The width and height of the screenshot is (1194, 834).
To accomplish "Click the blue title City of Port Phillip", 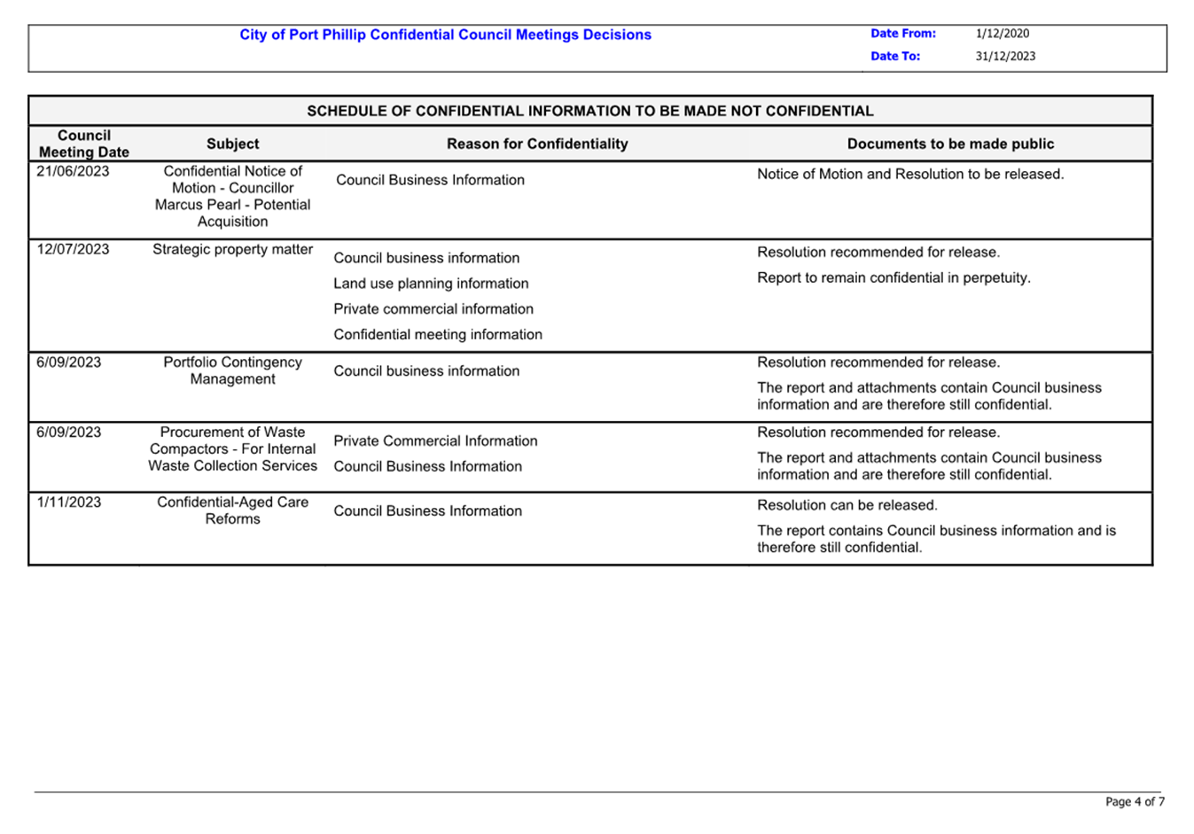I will click(x=445, y=35).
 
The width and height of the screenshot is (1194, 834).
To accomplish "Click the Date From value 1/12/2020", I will click(x=1002, y=34).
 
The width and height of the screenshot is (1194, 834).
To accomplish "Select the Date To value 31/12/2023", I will click(x=1005, y=56).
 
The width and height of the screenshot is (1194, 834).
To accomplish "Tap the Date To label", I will click(x=894, y=56).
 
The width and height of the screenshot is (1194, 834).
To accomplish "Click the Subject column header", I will click(x=232, y=144).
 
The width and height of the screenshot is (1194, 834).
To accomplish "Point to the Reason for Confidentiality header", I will click(x=536, y=144).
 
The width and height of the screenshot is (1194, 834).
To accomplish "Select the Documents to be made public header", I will click(x=950, y=144).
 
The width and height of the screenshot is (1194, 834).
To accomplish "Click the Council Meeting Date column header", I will click(x=84, y=144).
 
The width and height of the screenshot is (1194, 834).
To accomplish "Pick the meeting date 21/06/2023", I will click(x=73, y=171).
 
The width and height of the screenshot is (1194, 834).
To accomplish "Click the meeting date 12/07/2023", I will click(x=73, y=249).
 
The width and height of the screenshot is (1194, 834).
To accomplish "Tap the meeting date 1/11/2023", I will click(x=69, y=502).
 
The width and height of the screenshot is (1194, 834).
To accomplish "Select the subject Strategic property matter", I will click(x=232, y=249).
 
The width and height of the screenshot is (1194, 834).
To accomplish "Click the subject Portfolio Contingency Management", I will click(x=232, y=370).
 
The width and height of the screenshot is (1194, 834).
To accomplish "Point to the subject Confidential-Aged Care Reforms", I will click(x=232, y=510).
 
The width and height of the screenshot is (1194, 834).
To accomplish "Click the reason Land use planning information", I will click(x=431, y=284).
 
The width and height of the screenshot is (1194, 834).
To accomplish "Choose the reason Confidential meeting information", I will click(x=437, y=334).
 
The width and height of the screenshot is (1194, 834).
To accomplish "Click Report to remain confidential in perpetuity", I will click(x=894, y=277).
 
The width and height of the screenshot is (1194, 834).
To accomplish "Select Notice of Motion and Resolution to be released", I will click(x=909, y=174).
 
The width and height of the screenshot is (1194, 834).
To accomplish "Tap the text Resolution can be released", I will click(x=847, y=505).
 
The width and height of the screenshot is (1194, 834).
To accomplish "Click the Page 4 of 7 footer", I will click(x=1134, y=801).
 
